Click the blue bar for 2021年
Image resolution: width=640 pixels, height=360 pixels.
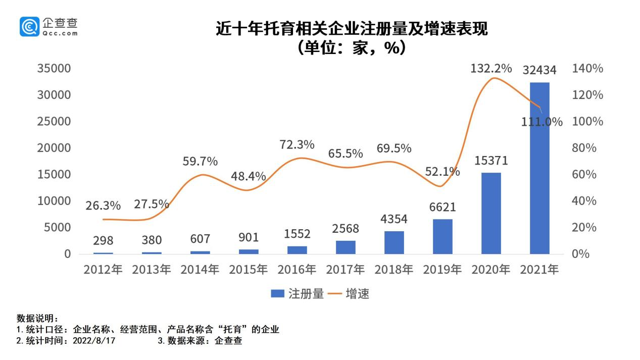click(x=539, y=168)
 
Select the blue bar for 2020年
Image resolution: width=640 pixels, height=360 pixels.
click(x=491, y=213)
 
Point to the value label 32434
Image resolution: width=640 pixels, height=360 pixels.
click(x=539, y=70)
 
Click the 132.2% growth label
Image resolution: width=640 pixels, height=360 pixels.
click(x=491, y=68)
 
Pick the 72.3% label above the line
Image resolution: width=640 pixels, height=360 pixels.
click(x=297, y=144)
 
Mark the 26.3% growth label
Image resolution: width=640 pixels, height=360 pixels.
click(x=103, y=205)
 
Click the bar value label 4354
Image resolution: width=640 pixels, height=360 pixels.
click(x=394, y=219)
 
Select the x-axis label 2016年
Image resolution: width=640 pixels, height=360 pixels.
click(x=297, y=270)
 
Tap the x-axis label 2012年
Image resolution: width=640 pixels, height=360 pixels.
click(x=103, y=270)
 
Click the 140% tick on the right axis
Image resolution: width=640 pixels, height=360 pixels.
click(x=587, y=69)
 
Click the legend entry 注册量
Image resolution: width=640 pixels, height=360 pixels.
click(x=298, y=294)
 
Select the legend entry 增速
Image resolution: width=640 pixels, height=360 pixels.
click(x=351, y=294)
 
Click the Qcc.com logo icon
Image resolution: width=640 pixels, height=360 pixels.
click(x=29, y=26)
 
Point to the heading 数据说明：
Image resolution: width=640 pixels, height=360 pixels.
click(x=38, y=319)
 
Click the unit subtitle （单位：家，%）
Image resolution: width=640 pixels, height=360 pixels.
click(x=352, y=48)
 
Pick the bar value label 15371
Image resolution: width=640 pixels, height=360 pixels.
click(x=491, y=161)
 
